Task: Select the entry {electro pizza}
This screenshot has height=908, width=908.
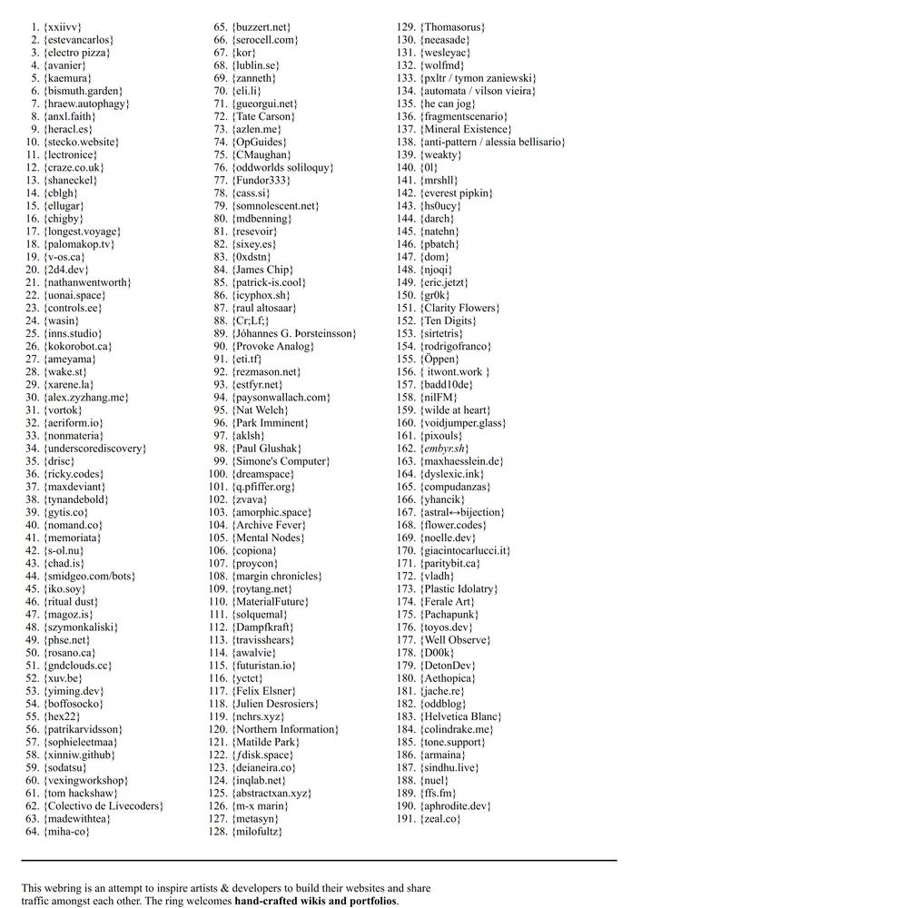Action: click(77, 53)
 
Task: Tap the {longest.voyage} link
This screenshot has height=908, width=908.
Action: click(82, 232)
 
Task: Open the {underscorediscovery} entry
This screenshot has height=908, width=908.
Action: click(94, 449)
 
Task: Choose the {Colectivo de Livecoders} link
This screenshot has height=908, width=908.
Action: click(104, 805)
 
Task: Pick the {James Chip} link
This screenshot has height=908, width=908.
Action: click(262, 270)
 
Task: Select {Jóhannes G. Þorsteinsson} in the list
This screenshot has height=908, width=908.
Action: click(294, 333)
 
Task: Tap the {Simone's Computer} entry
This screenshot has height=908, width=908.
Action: click(281, 461)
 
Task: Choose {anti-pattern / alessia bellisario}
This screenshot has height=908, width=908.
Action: click(492, 142)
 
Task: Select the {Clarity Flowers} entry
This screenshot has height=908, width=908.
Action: click(459, 308)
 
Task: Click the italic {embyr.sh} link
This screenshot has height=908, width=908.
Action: click(444, 449)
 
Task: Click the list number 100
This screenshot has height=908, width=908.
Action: click(217, 474)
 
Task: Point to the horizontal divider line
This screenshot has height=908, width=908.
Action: click(319, 860)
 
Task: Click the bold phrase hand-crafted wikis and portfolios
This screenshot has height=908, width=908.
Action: click(315, 902)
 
